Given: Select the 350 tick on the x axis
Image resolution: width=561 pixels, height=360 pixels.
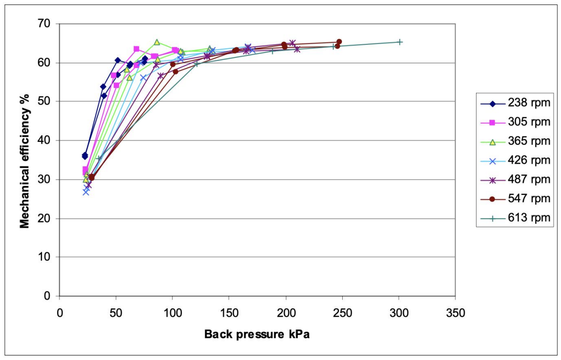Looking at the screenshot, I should click(456, 313).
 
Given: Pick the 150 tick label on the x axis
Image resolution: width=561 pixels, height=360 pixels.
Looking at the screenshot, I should click(229, 313).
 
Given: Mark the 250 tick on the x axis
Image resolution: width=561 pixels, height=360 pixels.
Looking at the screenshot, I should click(342, 313).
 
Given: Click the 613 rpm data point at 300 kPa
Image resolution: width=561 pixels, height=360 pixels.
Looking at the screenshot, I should click(399, 42).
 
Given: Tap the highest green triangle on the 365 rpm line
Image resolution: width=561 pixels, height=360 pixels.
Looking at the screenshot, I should click(157, 42).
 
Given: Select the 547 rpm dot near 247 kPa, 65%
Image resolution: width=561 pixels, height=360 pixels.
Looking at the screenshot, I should click(339, 42).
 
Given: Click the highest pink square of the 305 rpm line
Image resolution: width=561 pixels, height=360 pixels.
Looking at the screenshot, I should click(136, 49).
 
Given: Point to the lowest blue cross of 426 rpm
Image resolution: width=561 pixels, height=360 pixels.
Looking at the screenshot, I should click(86, 192).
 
